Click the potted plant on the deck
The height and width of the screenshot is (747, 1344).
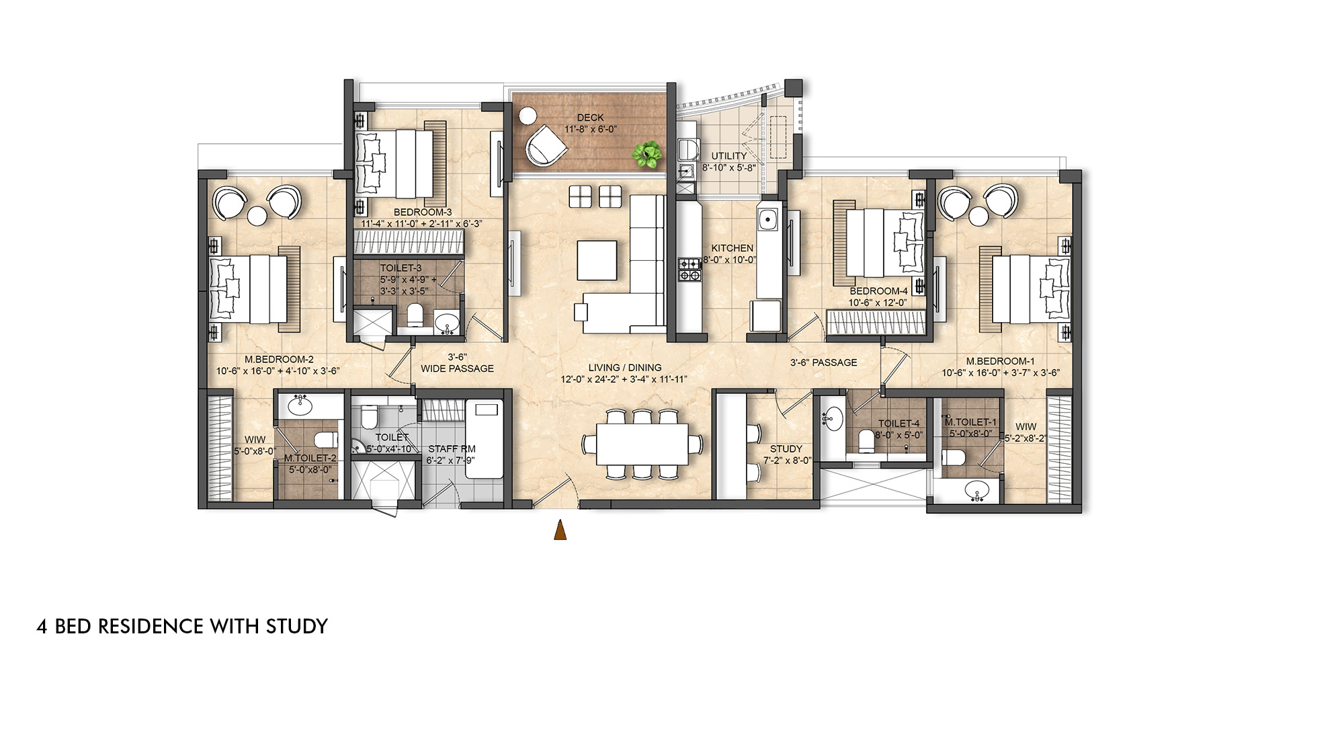646,155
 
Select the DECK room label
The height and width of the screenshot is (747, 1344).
590,118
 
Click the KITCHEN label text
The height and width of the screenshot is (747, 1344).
732,248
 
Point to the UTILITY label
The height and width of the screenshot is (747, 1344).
729,156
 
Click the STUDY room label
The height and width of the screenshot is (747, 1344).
786,448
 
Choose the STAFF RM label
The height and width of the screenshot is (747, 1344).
452,448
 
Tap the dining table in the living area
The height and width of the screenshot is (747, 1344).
642,444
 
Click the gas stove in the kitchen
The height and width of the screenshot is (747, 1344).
689,269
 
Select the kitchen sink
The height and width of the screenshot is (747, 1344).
767,219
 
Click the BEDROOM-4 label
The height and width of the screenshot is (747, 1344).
878,291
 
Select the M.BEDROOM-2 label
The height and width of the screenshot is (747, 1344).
279,360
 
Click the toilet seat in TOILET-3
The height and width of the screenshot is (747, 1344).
415,314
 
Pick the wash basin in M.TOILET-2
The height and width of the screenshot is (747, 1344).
299,405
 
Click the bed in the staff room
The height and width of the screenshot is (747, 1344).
484,439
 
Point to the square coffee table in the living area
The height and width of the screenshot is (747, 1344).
597,260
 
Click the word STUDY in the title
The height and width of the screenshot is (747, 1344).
297,626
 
